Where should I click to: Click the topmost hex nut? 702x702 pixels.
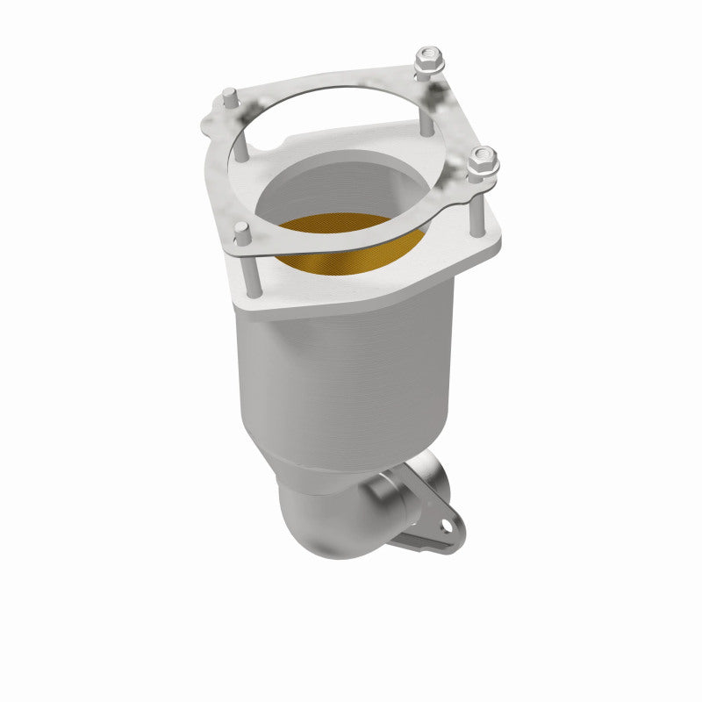(428, 60)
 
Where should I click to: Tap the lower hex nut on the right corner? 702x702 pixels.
(482, 161)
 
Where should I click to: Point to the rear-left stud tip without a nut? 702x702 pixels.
(229, 96)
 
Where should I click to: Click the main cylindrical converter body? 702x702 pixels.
(351, 377)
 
